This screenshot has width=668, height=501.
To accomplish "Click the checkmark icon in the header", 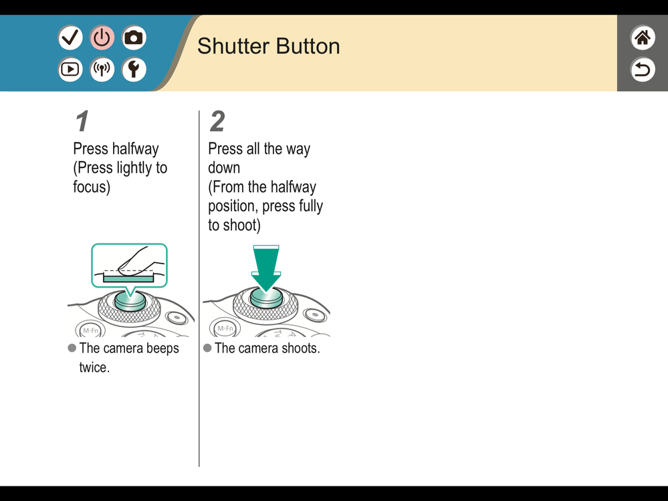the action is coord(70,37).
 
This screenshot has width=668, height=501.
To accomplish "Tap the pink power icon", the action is coord(102,37).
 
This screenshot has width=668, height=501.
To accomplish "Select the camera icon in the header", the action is coord(134,37).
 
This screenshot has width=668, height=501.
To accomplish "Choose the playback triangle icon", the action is coord(70,69).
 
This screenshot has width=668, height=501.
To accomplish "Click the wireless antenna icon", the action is coord(102,69).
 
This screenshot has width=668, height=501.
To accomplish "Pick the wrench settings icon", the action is coord(134,69).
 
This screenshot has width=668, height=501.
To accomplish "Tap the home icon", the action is coord(643,37).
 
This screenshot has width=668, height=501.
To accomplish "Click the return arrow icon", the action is coord(643,69).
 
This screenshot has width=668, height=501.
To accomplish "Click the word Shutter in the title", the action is coord(233,46).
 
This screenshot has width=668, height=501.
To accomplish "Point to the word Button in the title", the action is coord(308,46).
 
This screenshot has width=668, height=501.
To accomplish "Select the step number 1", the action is coord(82,122).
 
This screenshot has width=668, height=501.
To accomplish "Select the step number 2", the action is coord(217,122).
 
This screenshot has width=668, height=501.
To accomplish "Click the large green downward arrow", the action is coord(266,268).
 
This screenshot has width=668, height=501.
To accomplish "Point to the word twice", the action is coord(94,367).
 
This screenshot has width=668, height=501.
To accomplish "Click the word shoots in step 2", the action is coord(300,348).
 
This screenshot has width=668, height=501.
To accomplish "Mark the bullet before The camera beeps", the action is coord(72,348).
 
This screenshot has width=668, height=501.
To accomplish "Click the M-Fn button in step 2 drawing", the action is coord(225,328).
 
